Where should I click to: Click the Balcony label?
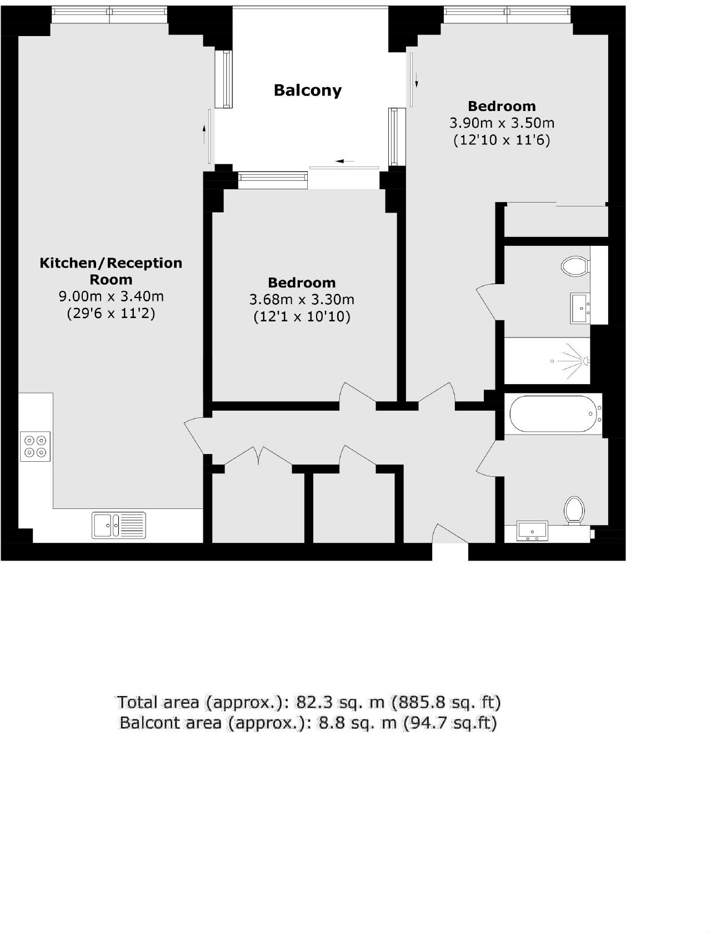click(307, 90)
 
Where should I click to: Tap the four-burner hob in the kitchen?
click(35, 446)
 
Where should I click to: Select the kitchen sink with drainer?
click(119, 525)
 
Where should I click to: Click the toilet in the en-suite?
click(574, 266)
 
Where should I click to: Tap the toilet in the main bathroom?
click(574, 509)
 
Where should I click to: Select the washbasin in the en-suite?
click(580, 308)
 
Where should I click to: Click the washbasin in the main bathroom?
click(532, 531)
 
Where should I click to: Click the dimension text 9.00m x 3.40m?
click(111, 296)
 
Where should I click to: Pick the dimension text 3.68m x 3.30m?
click(302, 300)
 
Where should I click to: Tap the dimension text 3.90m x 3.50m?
click(502, 123)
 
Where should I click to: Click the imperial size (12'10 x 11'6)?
click(502, 140)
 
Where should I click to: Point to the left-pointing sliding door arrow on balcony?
click(344, 162)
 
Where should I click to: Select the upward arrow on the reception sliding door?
click(204, 133)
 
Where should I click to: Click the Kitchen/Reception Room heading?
click(111, 271)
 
